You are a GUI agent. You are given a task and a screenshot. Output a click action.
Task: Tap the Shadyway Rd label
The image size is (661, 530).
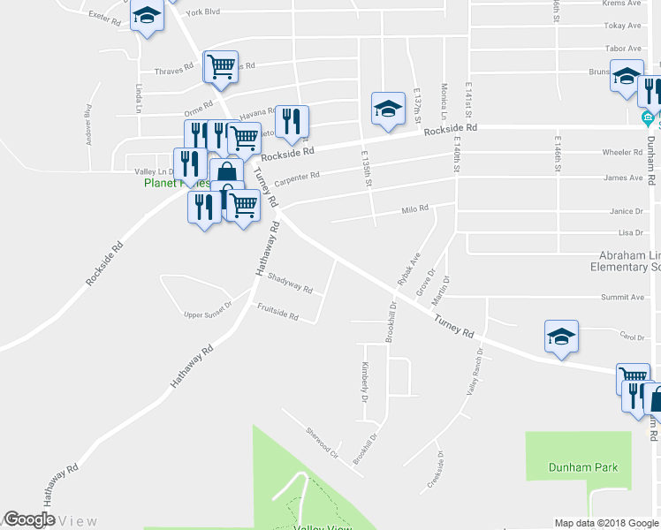coord(290,283)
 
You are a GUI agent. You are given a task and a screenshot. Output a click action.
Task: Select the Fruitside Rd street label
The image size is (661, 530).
coord(277,312)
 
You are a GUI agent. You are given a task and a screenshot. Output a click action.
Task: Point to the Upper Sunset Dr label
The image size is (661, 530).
coord(207,309)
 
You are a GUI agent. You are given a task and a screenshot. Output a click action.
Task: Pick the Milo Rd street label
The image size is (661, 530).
coord(414,209)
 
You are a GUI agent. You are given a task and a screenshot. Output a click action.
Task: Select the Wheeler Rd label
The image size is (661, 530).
coord(622,152)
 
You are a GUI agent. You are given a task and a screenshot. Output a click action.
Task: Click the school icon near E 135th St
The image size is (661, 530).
coord(387,110)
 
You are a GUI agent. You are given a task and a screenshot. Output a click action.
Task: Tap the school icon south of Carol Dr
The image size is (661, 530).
coord(561,337)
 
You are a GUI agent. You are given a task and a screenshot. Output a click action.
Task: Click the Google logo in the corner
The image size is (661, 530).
coord(30,520)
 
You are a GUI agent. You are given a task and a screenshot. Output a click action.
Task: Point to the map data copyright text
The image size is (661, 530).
coord(607,523)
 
